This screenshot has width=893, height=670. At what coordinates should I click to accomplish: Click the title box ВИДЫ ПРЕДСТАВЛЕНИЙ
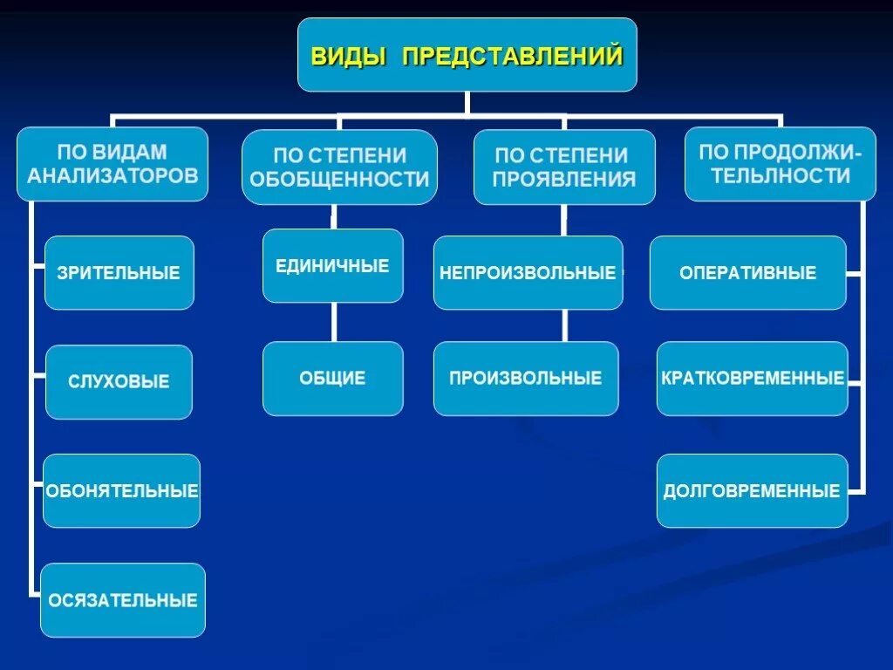[x=467, y=55]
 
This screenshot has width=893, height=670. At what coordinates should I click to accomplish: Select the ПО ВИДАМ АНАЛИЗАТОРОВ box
[x=112, y=164]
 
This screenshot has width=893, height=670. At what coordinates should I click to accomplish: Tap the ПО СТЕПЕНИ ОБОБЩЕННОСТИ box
[x=339, y=167]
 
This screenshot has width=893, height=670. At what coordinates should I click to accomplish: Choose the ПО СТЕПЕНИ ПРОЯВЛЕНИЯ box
[x=564, y=167]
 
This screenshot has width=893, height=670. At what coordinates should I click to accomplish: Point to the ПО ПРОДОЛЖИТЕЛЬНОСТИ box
[x=781, y=164]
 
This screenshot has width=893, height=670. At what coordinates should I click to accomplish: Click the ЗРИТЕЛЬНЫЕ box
[x=119, y=272]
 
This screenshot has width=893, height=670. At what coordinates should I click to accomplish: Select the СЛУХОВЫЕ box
[x=119, y=382]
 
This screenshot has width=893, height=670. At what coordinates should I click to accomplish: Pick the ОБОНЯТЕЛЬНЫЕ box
[x=122, y=490]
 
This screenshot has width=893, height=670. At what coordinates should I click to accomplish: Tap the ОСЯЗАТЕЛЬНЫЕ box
[x=123, y=600]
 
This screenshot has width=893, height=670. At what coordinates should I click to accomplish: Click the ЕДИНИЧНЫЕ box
[x=333, y=266]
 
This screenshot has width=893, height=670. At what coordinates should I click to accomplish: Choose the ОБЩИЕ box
[x=333, y=379]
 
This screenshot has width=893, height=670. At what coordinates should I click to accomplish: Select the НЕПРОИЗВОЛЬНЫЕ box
[x=528, y=272]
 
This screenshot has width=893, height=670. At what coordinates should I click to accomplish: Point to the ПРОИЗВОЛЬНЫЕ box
[x=526, y=379]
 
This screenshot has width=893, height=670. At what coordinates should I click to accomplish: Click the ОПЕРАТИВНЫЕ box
[x=748, y=272]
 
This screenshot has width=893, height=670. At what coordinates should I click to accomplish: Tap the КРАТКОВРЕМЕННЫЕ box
[x=752, y=379]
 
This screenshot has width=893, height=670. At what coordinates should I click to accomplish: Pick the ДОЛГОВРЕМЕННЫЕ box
[x=752, y=490]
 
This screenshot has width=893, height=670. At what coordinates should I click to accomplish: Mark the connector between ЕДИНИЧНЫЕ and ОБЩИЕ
[x=333, y=322]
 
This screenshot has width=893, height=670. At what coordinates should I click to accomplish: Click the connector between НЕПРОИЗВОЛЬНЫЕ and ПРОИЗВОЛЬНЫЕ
[x=564, y=325]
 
